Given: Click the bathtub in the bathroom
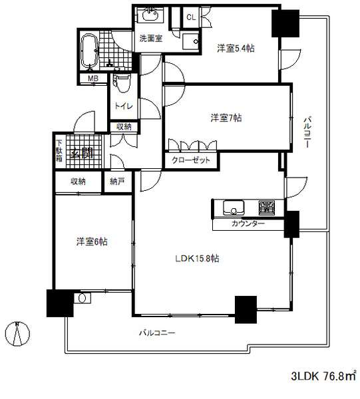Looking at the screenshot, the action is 89,51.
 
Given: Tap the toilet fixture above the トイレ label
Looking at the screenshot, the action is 122,83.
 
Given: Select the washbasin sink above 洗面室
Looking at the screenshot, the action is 151,15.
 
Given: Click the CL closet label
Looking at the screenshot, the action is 191,17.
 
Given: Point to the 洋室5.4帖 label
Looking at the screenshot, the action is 236,48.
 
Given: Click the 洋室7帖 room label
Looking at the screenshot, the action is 226,118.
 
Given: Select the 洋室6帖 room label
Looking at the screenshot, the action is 92,241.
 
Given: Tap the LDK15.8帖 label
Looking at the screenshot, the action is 197,259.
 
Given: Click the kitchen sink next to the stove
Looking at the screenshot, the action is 234,207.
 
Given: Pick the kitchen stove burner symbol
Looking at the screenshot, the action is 267,207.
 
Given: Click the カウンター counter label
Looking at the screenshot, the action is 248,223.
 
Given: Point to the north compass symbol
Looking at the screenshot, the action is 17,334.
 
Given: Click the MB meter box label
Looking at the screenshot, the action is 93,78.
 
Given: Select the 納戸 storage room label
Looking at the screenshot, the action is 117,182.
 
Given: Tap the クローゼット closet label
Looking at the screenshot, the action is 191,160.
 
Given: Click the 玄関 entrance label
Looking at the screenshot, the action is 81,153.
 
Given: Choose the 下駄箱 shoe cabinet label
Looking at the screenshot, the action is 59,150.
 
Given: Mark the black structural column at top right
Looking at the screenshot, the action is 285,24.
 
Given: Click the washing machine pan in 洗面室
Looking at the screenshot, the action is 190,41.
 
